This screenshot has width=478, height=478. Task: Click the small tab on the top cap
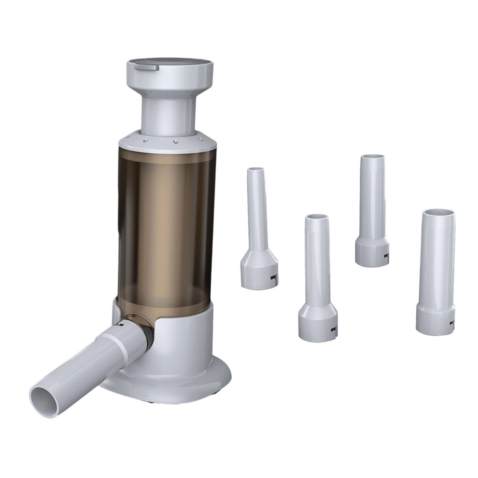coord(146,68)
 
